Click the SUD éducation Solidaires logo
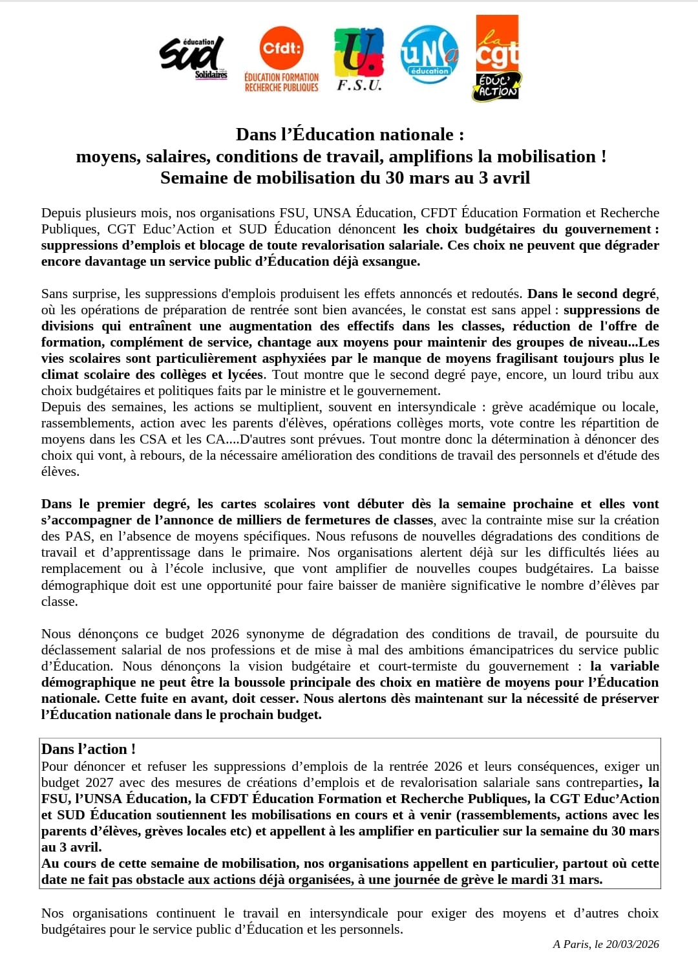point(193,58)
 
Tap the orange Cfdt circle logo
point(281,48)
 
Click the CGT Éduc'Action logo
point(497,58)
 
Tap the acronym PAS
point(78,536)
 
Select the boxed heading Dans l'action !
point(89,749)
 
